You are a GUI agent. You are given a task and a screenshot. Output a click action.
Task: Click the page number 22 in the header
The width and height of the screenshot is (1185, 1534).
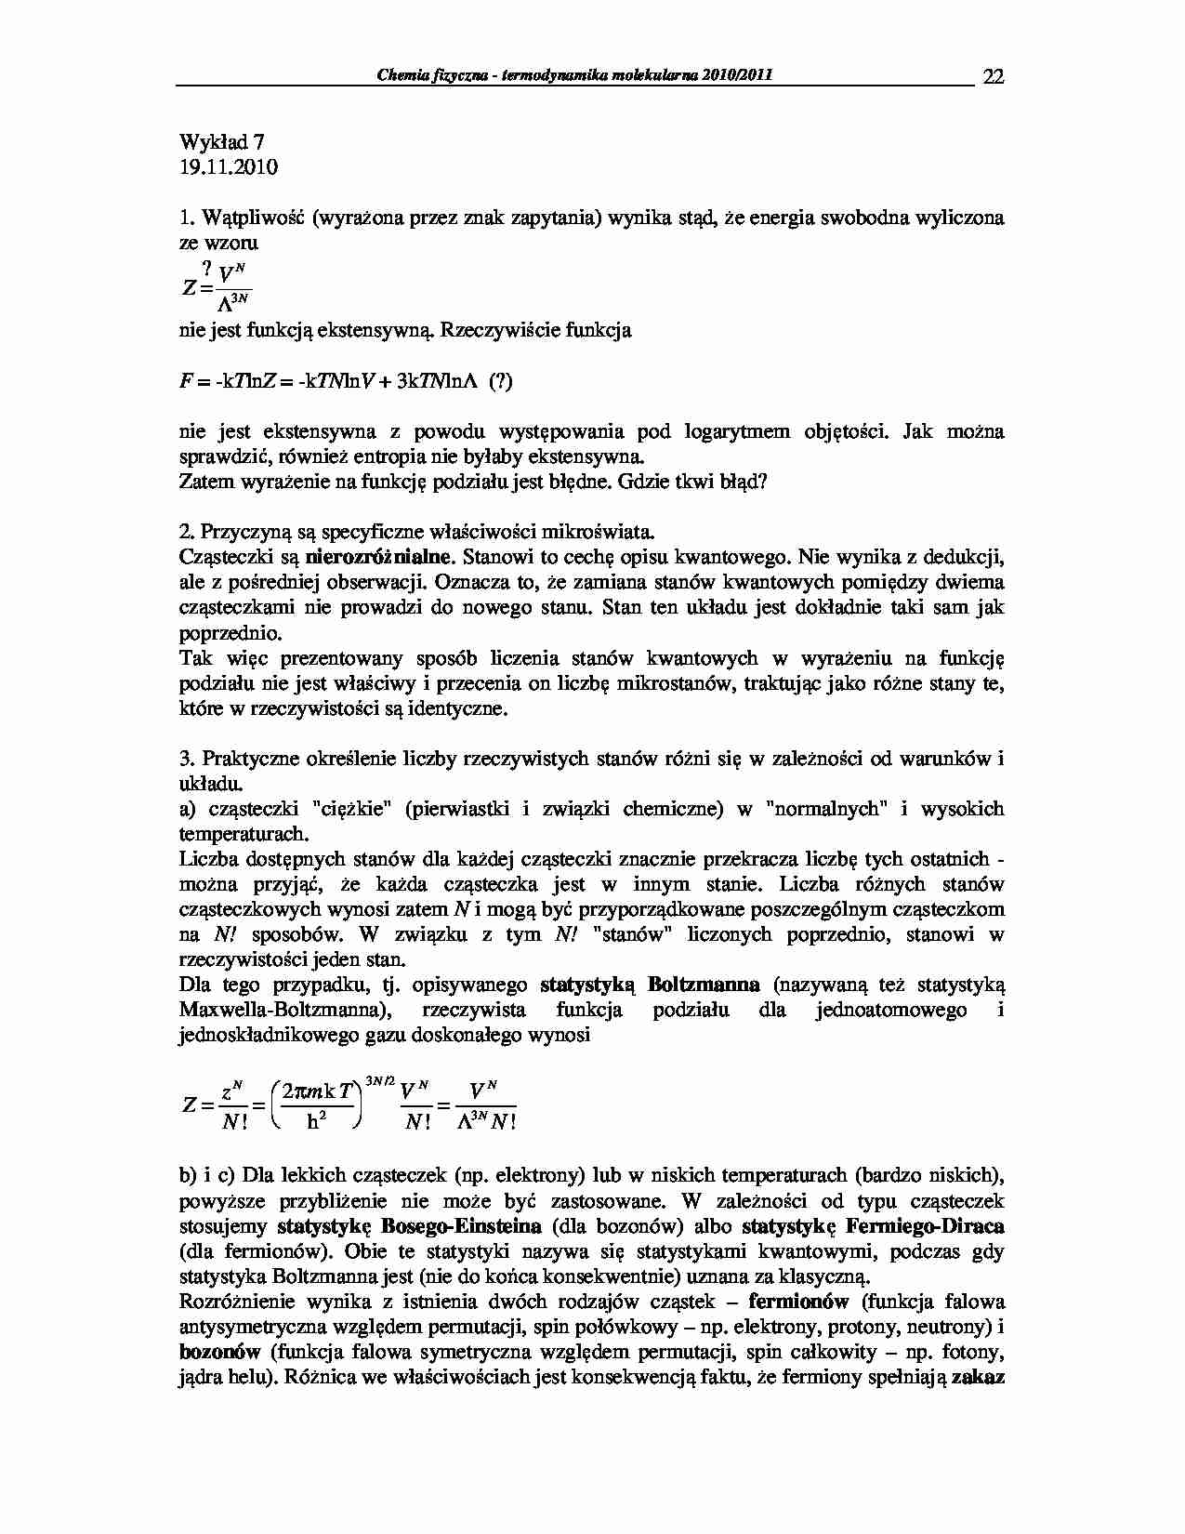(993, 76)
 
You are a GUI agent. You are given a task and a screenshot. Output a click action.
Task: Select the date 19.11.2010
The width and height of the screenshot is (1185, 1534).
(228, 167)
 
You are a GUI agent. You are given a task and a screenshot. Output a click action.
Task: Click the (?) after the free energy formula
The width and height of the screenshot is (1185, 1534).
(500, 382)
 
